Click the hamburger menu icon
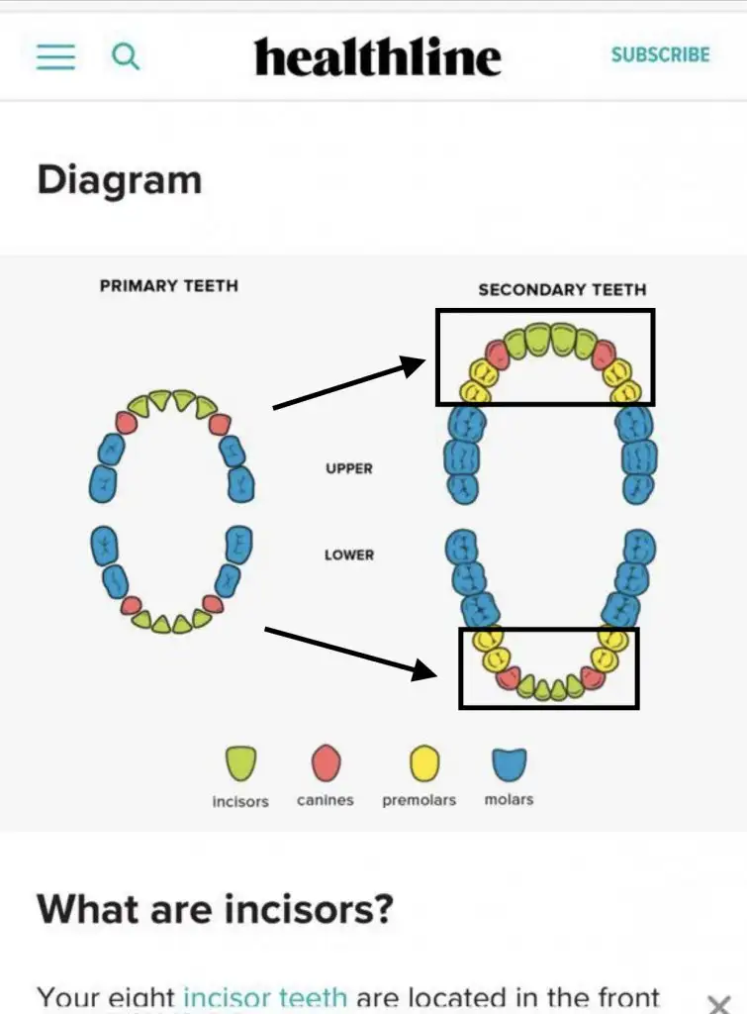[x=55, y=56]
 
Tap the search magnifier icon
[x=126, y=56]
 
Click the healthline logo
[x=377, y=57]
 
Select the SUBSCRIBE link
[x=660, y=55]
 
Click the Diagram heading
[x=119, y=180]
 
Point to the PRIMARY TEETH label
[x=169, y=285]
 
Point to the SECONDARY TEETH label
[x=562, y=290]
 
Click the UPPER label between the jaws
[x=349, y=468]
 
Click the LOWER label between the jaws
[x=349, y=555]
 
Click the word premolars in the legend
[x=420, y=800]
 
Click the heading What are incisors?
[x=215, y=907]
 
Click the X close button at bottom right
[x=719, y=1002]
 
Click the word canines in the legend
[x=325, y=800]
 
